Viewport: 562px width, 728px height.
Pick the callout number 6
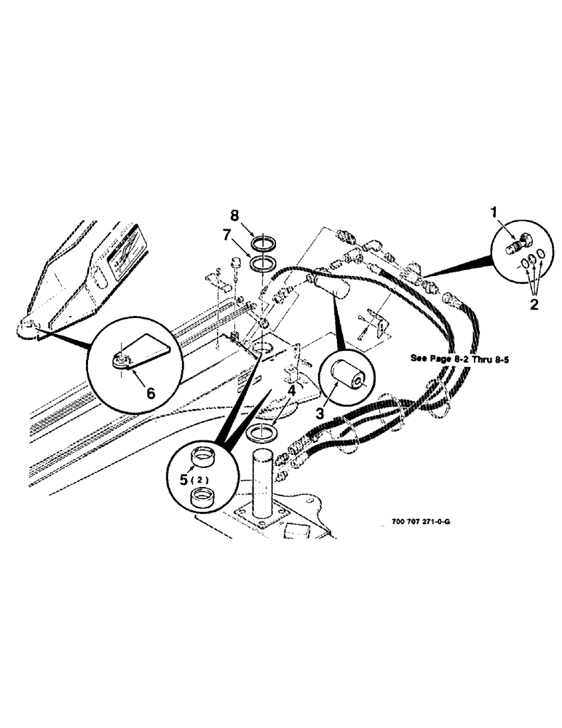(x=151, y=392)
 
